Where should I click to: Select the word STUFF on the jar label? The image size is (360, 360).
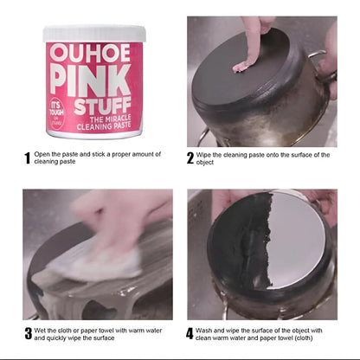click(x=106, y=104)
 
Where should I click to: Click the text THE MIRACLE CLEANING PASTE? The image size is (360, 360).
click(x=107, y=125)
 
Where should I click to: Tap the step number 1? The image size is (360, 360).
click(x=27, y=157)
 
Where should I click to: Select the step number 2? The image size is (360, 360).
click(x=190, y=157)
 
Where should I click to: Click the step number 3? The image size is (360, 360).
click(x=27, y=331)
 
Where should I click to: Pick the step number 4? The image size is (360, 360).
click(x=190, y=332)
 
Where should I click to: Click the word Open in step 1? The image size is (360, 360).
click(x=43, y=155)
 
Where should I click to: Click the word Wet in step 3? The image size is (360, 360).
click(x=42, y=329)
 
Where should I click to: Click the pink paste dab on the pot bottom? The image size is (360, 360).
click(x=246, y=65)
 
